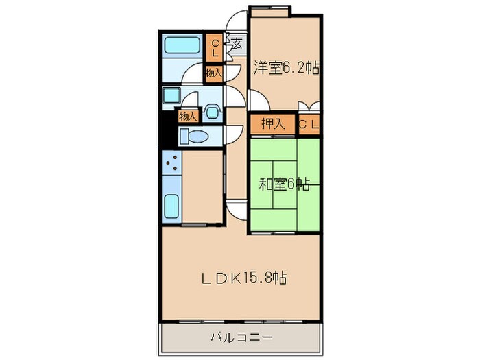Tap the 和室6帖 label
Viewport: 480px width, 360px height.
coord(285,184)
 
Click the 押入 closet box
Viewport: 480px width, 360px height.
coord(272,124)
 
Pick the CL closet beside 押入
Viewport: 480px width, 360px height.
coord(308,124)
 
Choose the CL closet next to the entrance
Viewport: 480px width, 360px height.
coord(215,48)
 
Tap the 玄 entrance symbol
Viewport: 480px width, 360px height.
coord(236,45)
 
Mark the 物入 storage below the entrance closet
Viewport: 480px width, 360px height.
coord(213,71)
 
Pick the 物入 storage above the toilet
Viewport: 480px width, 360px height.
coord(188,115)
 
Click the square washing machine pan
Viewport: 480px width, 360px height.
coord(171,95)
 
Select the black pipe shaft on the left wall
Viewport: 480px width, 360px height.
coord(164,130)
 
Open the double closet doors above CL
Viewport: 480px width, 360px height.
coord(308,108)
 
